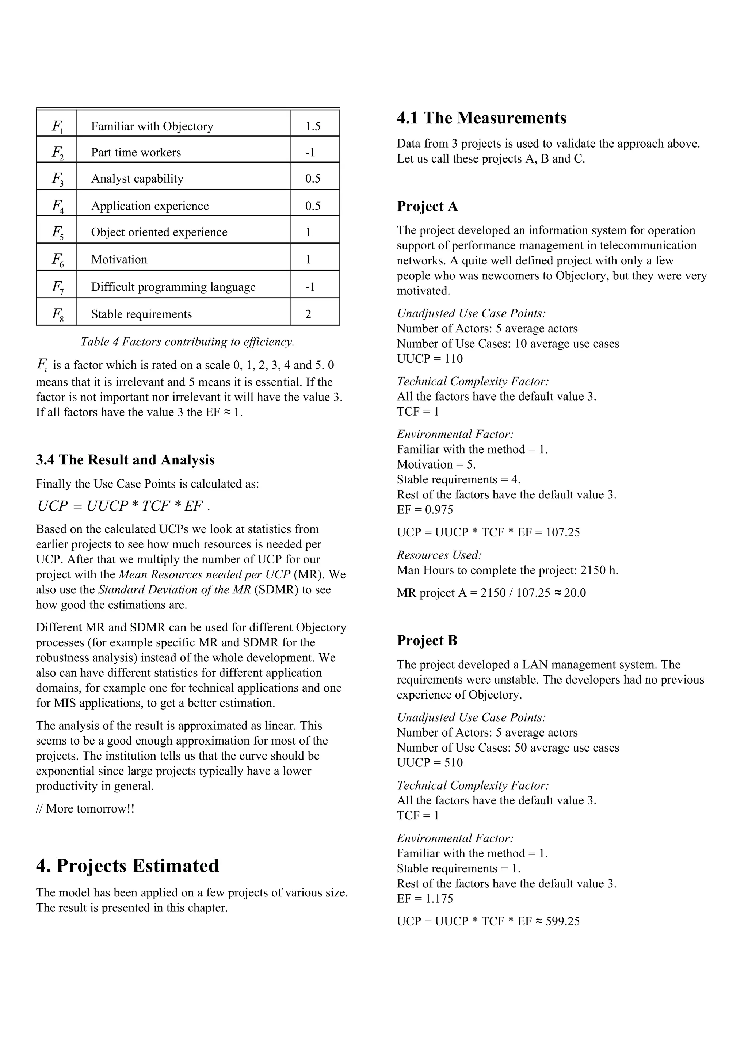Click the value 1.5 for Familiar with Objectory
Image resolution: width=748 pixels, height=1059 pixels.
click(313, 126)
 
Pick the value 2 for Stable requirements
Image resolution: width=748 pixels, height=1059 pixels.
click(308, 314)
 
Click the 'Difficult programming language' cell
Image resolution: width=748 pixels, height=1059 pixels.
click(173, 287)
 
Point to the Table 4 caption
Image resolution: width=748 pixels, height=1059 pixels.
click(187, 342)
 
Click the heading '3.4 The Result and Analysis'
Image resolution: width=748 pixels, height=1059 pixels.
click(126, 460)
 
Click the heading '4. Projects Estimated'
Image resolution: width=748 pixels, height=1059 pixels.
click(127, 866)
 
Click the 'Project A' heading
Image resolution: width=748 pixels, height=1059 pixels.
click(427, 206)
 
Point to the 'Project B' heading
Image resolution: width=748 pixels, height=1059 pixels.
click(427, 641)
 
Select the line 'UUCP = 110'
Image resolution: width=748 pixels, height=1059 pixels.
click(430, 359)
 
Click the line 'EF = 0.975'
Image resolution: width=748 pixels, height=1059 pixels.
click(425, 510)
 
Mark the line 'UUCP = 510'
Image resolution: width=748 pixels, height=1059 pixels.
click(430, 763)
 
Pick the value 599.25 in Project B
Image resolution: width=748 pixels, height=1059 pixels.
click(562, 922)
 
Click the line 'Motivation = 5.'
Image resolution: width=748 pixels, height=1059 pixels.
click(436, 464)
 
